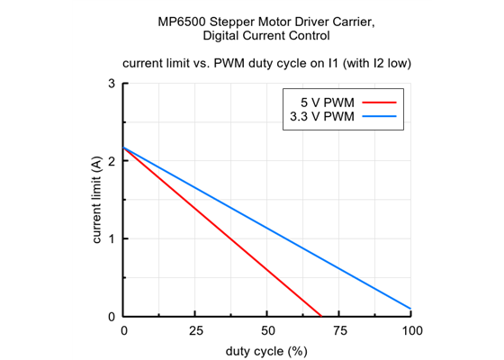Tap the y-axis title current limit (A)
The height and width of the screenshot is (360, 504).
97,200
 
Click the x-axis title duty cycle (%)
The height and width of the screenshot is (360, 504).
266,350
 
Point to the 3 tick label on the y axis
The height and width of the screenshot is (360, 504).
112,84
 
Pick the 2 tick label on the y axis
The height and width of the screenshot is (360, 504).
112,161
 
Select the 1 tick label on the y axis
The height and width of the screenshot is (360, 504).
112,238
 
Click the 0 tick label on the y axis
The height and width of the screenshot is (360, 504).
112,316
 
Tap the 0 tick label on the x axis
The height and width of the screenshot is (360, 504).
124,331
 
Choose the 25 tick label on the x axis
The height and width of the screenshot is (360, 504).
195,331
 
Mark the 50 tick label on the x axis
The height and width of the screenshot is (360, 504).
267,331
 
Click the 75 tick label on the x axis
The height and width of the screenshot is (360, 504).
339,331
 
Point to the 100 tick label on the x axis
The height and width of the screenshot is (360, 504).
411,331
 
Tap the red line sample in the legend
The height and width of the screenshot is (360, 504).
379,102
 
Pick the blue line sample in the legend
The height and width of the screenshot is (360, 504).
379,116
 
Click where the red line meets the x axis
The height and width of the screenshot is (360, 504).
320,316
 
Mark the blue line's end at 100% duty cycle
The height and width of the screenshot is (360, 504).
411,309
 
